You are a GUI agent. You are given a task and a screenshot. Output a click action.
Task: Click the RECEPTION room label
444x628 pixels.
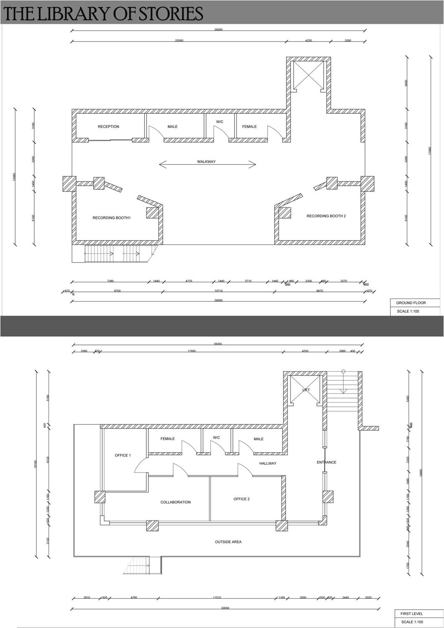pos(108,127)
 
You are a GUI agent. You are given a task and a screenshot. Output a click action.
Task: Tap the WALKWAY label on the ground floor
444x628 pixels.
pos(206,162)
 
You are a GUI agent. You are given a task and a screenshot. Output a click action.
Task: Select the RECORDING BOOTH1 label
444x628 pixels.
pos(112,218)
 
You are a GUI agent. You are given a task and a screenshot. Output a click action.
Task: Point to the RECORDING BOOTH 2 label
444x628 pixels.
pos(326,216)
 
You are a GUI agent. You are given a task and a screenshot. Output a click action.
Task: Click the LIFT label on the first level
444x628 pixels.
pos(306,390)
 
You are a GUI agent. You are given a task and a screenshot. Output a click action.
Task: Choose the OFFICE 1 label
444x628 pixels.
pos(123,455)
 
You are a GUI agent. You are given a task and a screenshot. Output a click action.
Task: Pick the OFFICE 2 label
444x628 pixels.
pos(241,499)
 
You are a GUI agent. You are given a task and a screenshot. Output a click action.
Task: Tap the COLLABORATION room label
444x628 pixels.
pos(176,502)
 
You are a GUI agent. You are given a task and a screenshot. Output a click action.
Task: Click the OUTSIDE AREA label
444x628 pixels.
pos(228,542)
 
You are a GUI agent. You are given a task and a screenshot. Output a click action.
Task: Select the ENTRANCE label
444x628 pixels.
pos(326,462)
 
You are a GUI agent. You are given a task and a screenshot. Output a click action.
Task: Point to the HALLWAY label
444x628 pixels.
pos(268,463)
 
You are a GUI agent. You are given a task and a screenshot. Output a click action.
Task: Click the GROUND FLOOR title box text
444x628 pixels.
pos(411,303)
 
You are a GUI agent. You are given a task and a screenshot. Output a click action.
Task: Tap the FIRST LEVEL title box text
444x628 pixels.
pos(412,614)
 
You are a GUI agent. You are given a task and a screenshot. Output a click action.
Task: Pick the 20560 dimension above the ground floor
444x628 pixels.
pos(179,41)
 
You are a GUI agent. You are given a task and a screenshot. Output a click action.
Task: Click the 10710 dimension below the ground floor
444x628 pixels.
pos(218,291)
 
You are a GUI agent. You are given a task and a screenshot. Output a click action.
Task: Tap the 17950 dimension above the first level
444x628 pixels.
pos(191,351)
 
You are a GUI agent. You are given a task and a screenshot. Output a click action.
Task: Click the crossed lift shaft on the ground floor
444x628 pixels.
pos(309,74)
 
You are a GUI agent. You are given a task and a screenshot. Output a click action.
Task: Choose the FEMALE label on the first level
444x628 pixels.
pos(167,439)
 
